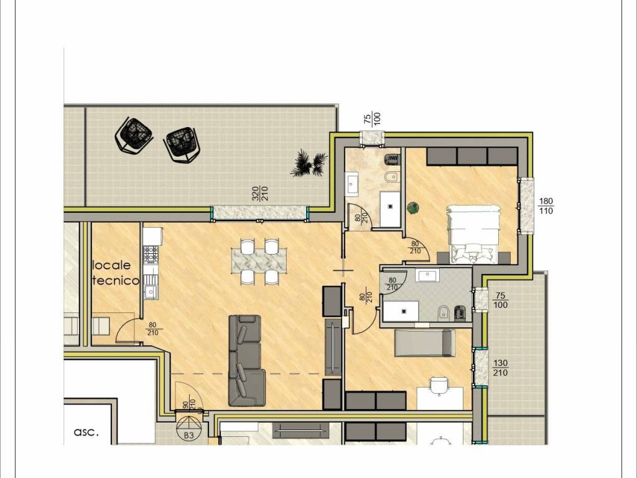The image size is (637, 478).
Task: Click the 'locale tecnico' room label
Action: [116, 273]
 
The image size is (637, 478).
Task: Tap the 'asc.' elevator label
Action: [86, 432]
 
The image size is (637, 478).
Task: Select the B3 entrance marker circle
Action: [188, 428]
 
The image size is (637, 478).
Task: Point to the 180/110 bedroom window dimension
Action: [546, 206]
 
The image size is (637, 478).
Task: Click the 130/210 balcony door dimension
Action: [500, 368]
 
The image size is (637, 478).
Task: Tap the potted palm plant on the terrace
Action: [309, 164]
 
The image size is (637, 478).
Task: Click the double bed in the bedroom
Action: [473, 234]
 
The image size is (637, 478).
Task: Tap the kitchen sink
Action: [151, 291]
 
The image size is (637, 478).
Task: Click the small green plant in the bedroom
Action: [414, 207]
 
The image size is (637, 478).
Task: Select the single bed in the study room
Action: [424, 344]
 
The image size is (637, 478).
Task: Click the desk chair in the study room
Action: [440, 385]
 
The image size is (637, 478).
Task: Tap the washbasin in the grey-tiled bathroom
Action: [427, 275]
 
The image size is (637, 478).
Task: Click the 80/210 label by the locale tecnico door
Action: [153, 329]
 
